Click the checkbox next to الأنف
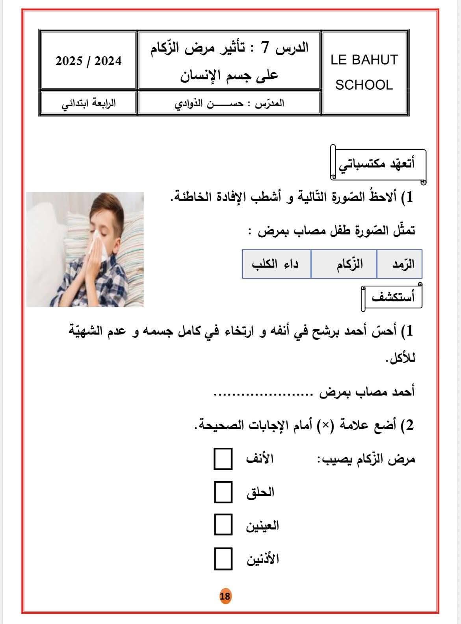pyautogui.click(x=223, y=459)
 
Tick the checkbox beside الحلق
pyautogui.click(x=223, y=492)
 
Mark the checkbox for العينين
pyautogui.click(x=223, y=525)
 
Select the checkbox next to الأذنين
pyautogui.click(x=223, y=559)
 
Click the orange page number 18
pyautogui.click(x=225, y=596)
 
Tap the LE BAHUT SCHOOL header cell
pyautogui.click(x=364, y=73)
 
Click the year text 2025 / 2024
pyautogui.click(x=89, y=61)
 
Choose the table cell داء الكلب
pyautogui.click(x=275, y=264)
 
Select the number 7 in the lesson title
pyautogui.click(x=266, y=48)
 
